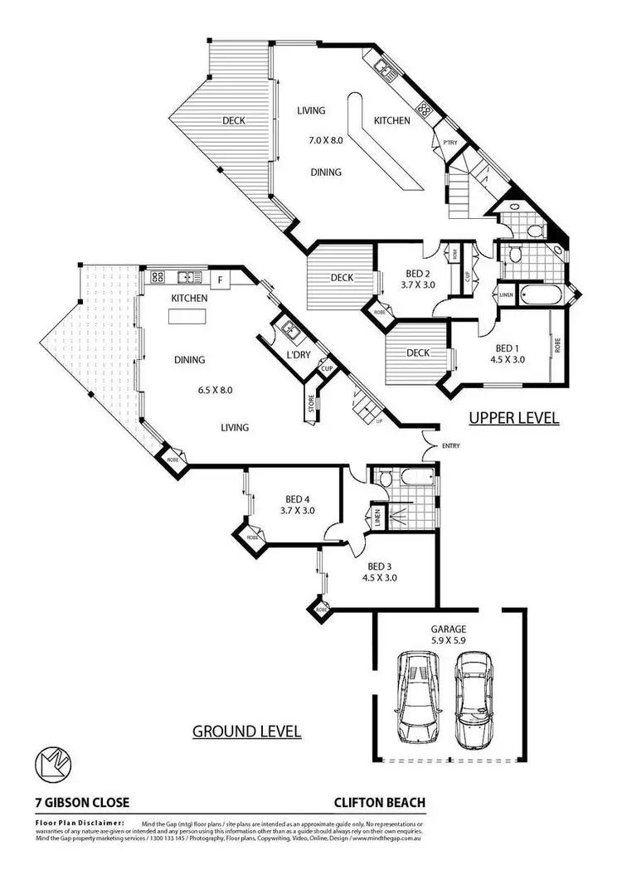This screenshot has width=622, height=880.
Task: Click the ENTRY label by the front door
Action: pos(451,446)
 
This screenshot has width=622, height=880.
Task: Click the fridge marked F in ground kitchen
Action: pos(220,280)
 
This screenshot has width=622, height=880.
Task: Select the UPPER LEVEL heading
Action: pos(514,419)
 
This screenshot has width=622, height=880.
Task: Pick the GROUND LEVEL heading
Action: pos(246,732)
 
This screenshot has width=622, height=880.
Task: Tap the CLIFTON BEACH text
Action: pos(380,803)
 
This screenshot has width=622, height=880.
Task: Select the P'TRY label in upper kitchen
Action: pos(450,143)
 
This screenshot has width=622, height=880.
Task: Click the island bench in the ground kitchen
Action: pos(187,317)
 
